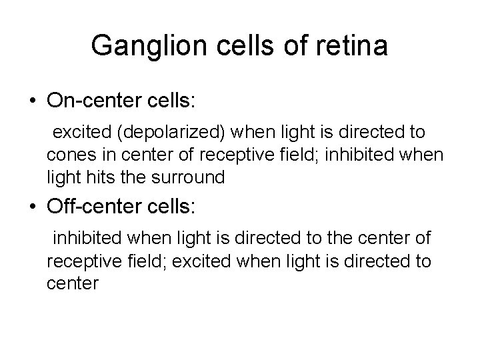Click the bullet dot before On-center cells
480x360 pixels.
pyautogui.click(x=31, y=101)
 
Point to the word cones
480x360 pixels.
pyautogui.click(x=70, y=154)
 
